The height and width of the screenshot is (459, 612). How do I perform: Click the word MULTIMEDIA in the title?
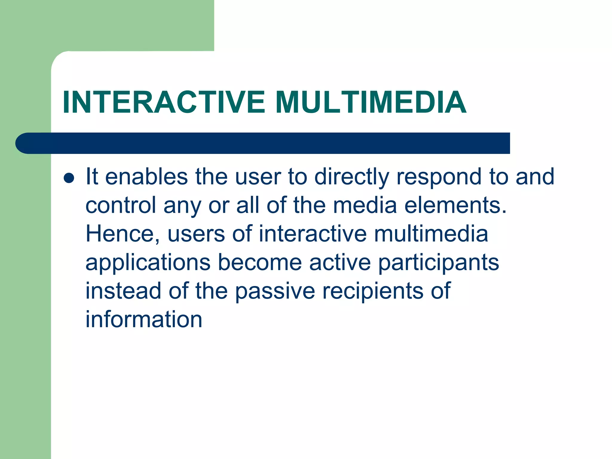371,102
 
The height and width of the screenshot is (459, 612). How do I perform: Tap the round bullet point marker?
69,178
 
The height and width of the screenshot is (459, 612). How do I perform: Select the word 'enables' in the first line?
146,177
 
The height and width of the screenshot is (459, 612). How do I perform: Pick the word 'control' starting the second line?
121,205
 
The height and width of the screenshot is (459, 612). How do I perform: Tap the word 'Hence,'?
123,234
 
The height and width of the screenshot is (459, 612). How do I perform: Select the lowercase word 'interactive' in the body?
312,234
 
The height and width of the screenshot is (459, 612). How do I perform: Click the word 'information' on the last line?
144,319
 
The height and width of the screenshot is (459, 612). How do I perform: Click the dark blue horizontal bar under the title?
263,143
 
